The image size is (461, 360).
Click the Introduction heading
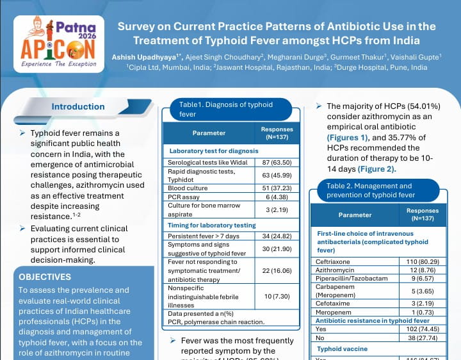pos(78,107)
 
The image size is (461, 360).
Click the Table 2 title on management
pos(371,190)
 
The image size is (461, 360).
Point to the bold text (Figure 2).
pos(376,169)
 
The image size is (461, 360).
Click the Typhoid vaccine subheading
pos(343,349)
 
